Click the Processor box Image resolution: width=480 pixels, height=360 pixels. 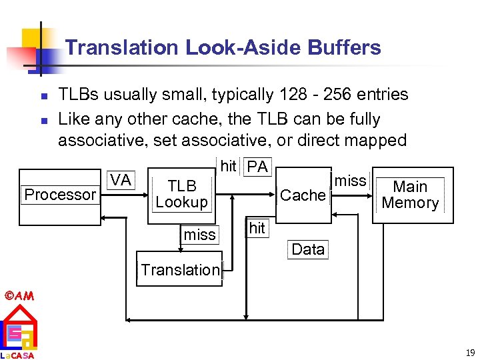tap(60, 195)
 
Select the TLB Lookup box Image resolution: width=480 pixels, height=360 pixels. tap(182, 194)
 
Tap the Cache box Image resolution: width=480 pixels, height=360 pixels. tap(303, 195)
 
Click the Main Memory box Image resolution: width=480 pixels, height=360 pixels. tap(410, 195)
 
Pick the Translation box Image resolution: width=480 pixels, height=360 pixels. tap(180, 269)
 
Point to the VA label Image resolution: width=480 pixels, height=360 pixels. tap(121, 180)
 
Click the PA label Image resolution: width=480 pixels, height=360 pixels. tap(257, 167)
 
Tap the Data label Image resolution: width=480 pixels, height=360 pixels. tap(308, 249)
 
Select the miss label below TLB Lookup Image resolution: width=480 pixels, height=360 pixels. tap(199, 235)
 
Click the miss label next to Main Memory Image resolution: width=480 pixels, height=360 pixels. tap(350, 180)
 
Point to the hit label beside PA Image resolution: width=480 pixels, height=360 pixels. tap(229, 167)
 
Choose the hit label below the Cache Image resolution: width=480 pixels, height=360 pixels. tap(257, 228)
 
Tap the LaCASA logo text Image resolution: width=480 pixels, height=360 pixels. tap(17, 355)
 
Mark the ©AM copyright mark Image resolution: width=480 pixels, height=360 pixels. tap(19, 295)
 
